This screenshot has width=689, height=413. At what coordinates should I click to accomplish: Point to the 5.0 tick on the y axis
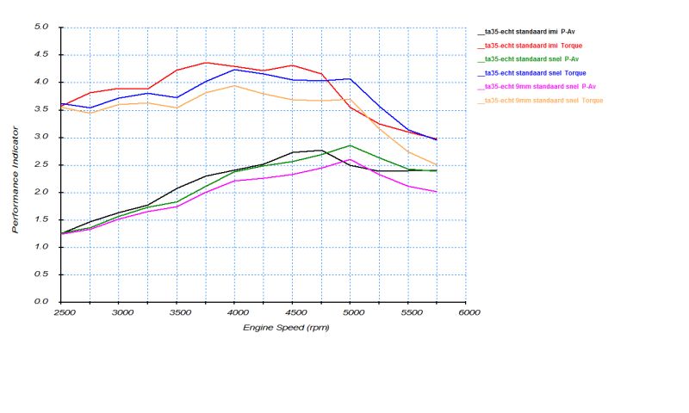point(40,28)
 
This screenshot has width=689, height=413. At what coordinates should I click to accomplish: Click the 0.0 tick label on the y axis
point(40,302)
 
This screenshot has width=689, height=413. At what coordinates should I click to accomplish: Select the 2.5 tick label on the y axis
point(40,165)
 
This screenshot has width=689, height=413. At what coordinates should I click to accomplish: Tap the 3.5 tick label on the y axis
point(40,110)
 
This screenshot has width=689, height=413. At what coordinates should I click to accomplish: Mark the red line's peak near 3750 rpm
point(205,62)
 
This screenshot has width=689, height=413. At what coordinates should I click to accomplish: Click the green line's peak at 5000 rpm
point(350,145)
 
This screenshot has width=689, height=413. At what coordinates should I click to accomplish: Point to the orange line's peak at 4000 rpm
point(234,85)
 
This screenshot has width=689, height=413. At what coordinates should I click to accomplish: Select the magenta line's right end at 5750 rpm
point(437,192)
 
